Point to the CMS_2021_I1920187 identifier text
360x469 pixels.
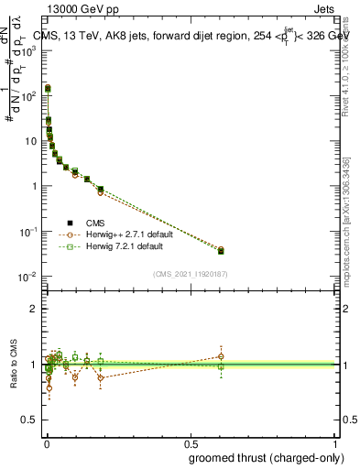pos(191,273)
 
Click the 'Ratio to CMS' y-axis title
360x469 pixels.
pos(13,363)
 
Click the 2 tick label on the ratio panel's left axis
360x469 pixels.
pos(34,309)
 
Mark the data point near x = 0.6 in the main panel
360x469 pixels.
pos(221,250)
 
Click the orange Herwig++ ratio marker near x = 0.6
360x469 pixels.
pos(221,356)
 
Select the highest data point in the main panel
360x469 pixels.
pos(48,89)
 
